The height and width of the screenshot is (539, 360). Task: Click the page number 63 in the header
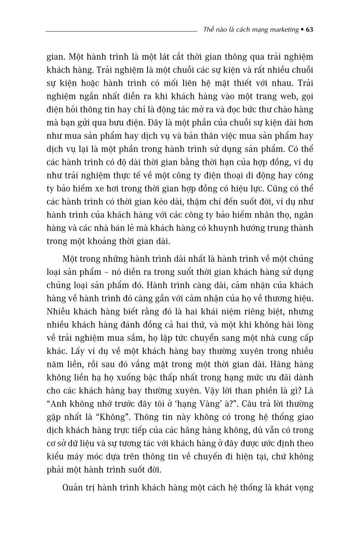pyautogui.click(x=310, y=30)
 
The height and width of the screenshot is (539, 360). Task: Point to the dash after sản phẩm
pyautogui.click(x=106, y=272)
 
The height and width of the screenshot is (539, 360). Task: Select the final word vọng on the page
pyautogui.click(x=303, y=488)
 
